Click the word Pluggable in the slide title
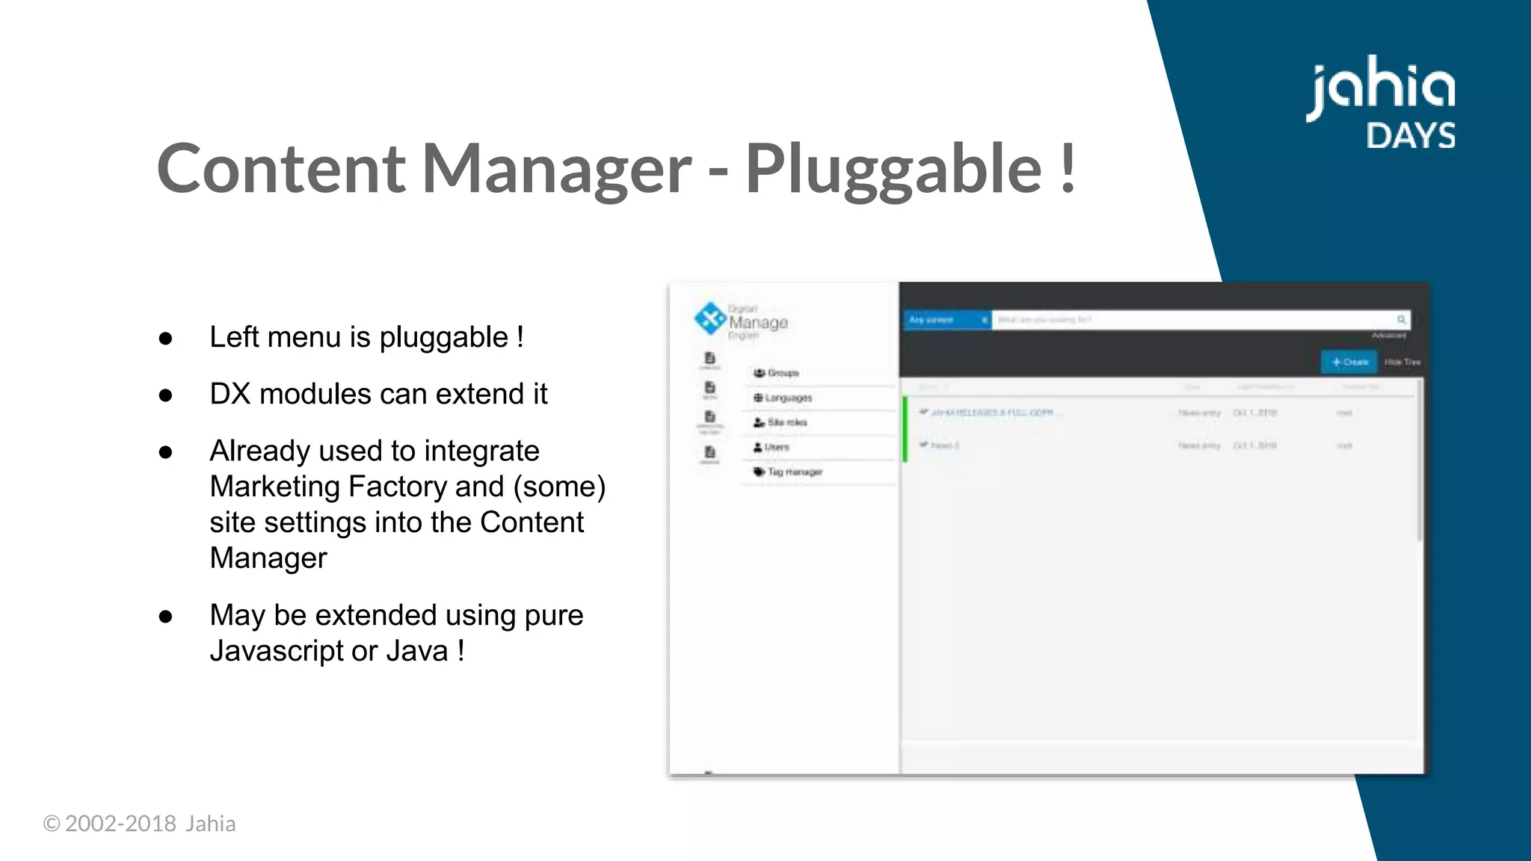coord(893,170)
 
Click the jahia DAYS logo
coord(1381,103)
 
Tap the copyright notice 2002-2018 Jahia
coord(140,824)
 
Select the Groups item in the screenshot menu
coord(783,373)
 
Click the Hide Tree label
coord(1402,362)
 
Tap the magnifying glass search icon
coord(1402,320)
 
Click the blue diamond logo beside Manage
coord(709,319)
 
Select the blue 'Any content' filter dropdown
coord(946,320)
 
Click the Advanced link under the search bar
coord(1389,336)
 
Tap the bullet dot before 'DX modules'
coord(166,395)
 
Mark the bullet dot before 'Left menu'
coord(166,338)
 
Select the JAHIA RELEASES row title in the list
coord(992,413)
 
